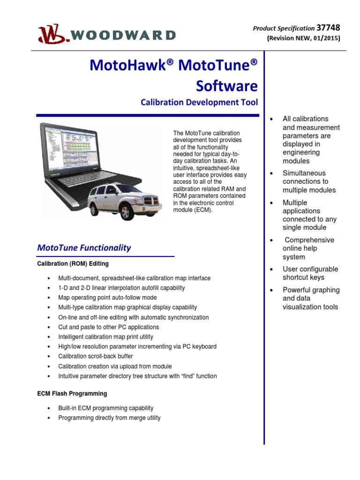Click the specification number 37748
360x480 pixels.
pyautogui.click(x=328, y=28)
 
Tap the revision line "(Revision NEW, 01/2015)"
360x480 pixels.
pyautogui.click(x=303, y=38)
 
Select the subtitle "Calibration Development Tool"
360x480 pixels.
pyautogui.click(x=199, y=102)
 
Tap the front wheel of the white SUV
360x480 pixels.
pyautogui.click(x=126, y=212)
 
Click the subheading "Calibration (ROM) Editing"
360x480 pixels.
pyautogui.click(x=73, y=264)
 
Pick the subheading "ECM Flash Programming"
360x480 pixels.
pyautogui.click(x=72, y=394)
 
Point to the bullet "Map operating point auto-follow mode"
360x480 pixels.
pyautogui.click(x=107, y=298)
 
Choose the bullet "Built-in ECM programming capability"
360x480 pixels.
pyautogui.click(x=105, y=408)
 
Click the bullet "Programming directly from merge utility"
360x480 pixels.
pyautogui.click(x=109, y=418)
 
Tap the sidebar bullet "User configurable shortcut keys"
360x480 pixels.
pyautogui.click(x=310, y=273)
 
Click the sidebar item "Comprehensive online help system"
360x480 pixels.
pyautogui.click(x=308, y=248)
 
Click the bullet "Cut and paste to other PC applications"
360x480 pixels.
pyautogui.click(x=108, y=327)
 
